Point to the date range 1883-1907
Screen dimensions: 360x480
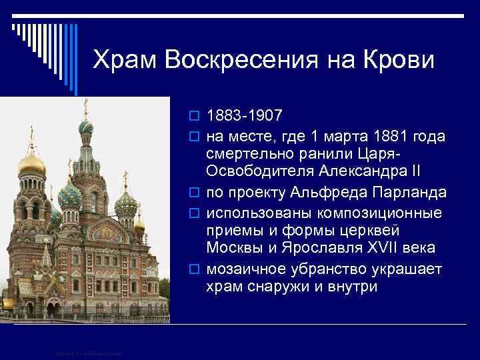pyautogui.click(x=244, y=117)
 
